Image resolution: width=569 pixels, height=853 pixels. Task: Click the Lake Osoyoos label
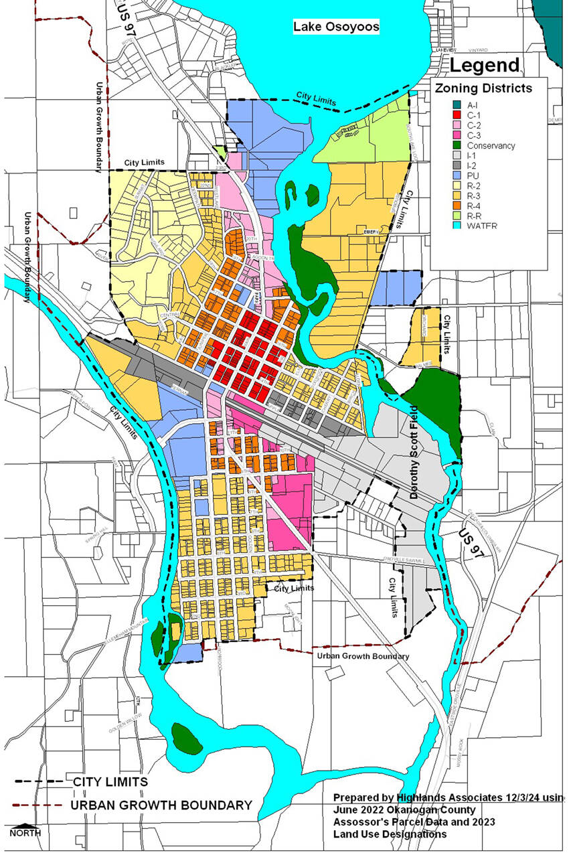[x=336, y=27]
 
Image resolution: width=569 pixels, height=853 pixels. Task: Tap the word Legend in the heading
[x=484, y=65]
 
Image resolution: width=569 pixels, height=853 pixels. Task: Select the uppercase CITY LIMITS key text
[x=110, y=781]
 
